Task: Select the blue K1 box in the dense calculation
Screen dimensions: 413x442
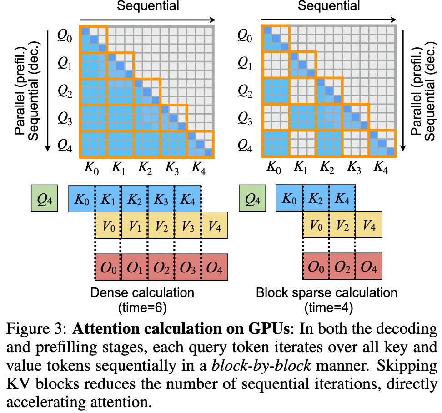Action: pyautogui.click(x=108, y=199)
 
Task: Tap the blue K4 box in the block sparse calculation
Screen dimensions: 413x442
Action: pyautogui.click(x=342, y=199)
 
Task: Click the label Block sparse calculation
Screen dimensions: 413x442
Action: pyautogui.click(x=326, y=292)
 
